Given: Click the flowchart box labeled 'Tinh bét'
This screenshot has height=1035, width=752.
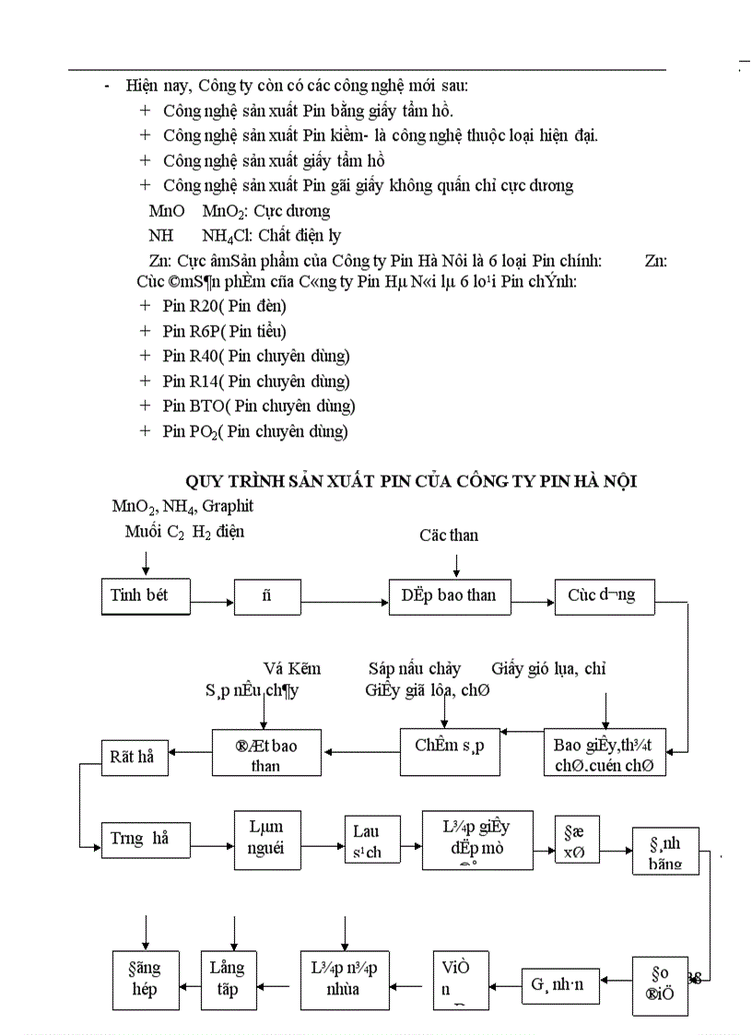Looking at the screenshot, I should (145, 595).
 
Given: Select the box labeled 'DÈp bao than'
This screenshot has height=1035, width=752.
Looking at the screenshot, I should (448, 595).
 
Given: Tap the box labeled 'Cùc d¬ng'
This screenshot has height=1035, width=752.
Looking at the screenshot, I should (601, 595).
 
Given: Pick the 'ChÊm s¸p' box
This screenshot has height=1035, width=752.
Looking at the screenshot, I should (450, 747).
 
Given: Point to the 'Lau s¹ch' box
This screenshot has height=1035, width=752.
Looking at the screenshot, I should (366, 841).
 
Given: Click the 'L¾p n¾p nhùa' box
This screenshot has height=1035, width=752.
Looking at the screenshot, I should (345, 978).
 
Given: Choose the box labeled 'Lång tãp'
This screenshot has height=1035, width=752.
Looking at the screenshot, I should (227, 978).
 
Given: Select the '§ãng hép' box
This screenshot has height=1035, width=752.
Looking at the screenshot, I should (144, 978).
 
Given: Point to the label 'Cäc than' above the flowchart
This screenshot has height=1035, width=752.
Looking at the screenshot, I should (449, 535).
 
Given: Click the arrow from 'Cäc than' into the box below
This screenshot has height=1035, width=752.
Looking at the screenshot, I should (456, 564).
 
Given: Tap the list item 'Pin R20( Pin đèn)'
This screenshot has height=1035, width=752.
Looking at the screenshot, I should (224, 306).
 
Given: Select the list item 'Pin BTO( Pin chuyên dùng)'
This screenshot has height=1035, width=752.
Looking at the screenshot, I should (258, 406).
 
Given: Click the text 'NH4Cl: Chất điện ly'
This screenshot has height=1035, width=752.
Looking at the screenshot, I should (271, 236).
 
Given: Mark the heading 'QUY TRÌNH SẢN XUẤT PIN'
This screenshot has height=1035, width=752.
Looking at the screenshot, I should (411, 481).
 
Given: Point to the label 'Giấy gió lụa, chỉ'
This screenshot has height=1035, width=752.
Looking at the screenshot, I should (548, 669).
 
